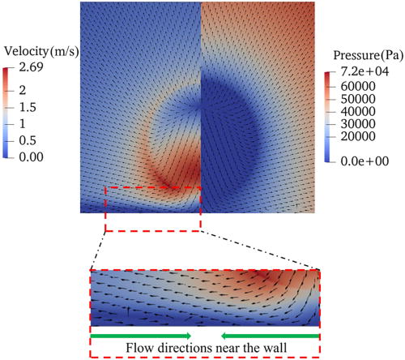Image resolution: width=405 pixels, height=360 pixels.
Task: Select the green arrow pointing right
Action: (x=141, y=336)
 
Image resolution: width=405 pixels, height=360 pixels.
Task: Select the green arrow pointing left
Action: (x=269, y=336)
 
